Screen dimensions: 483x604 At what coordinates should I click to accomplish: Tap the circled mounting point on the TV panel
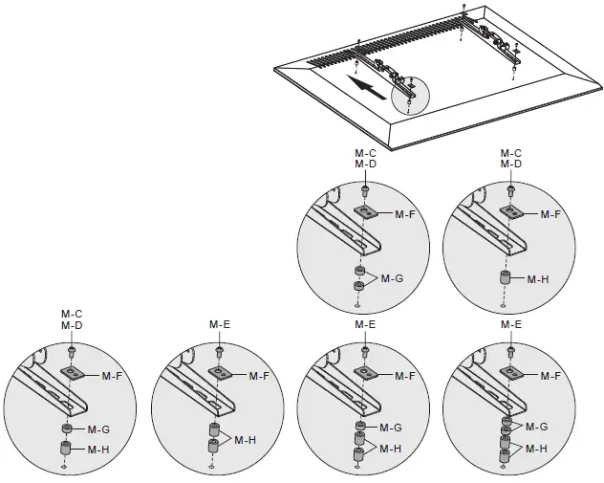click(410, 91)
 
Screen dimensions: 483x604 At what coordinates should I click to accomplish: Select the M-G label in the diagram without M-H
click(393, 278)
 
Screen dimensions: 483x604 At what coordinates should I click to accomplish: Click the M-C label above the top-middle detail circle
click(365, 153)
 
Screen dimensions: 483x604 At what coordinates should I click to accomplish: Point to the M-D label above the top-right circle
click(510, 165)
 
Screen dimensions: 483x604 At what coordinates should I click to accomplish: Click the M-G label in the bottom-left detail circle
click(99, 429)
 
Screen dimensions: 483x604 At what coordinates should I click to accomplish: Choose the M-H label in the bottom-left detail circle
click(99, 449)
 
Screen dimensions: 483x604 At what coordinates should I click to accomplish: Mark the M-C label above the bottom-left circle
click(72, 314)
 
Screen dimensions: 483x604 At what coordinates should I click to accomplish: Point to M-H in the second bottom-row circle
click(247, 439)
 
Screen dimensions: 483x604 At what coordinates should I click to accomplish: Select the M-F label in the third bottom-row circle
click(405, 376)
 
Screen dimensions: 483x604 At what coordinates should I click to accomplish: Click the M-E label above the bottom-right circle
click(510, 325)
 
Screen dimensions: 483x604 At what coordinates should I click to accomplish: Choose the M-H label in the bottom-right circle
click(538, 448)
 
